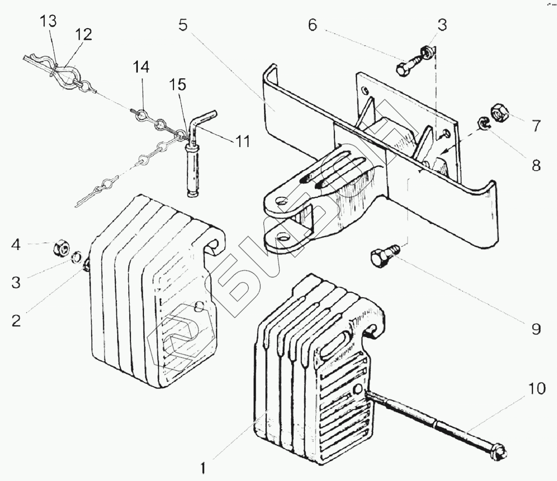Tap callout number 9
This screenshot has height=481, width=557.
[535, 329]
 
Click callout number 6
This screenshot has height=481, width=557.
[312, 26]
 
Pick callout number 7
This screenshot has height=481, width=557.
[536, 126]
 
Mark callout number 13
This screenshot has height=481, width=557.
[49, 21]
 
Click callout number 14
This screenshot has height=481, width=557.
[141, 66]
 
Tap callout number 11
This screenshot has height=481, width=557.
[243, 142]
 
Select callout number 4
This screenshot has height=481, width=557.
[16, 246]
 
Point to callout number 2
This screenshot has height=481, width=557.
[16, 320]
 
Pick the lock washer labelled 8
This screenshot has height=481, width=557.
[484, 123]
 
